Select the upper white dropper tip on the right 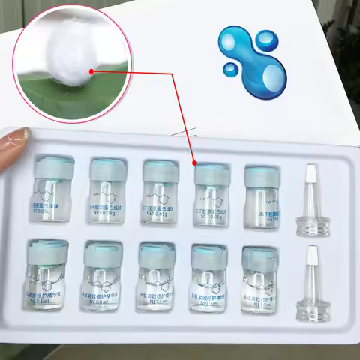[x=313, y=183]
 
